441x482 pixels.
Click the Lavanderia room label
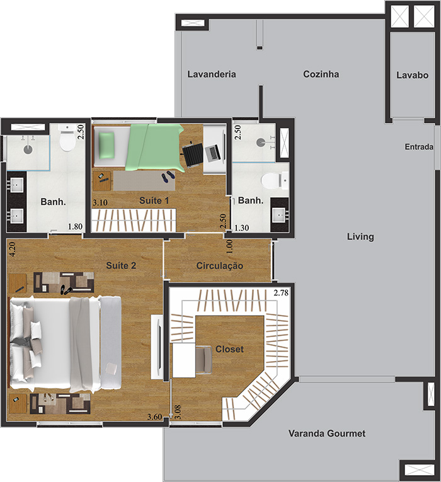212,74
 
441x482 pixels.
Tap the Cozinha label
321,74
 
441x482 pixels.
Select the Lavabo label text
412,75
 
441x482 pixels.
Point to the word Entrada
419,147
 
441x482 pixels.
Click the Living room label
360,237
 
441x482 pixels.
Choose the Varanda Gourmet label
327,433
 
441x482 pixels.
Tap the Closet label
229,349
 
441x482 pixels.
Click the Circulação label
220,266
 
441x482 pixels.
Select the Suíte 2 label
121,266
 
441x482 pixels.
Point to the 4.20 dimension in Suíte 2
13,249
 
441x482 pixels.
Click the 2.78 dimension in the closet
281,292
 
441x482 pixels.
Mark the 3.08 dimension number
178,412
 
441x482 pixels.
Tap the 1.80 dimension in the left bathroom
75,227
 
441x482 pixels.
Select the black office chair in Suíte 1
193,155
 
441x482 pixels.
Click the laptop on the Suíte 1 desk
214,152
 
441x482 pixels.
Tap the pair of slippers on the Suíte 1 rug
168,177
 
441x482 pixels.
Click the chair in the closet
203,359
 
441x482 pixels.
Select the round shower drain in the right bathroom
261,142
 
